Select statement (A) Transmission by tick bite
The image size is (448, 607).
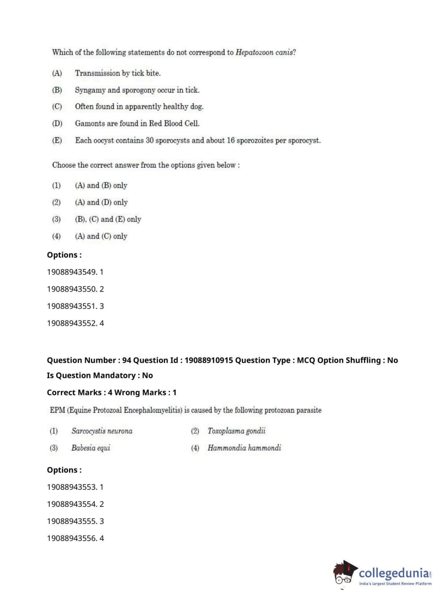click(x=117, y=73)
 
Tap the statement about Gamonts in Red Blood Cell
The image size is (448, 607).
click(x=137, y=123)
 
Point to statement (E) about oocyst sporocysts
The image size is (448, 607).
click(x=197, y=140)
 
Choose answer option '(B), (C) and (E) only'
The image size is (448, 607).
click(x=108, y=219)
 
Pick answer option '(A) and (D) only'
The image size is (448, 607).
click(x=101, y=202)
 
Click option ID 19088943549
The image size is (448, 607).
click(x=72, y=272)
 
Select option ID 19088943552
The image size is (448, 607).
click(x=72, y=323)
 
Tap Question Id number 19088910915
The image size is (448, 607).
click(x=209, y=360)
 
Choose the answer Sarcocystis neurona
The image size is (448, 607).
click(x=102, y=431)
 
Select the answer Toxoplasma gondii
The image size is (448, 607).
click(x=236, y=431)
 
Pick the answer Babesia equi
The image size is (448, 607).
click(x=90, y=448)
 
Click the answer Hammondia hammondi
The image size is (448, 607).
click(x=244, y=448)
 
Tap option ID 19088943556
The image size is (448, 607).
click(x=72, y=539)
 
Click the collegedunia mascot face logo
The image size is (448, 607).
click(x=344, y=573)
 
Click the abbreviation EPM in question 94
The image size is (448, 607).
click(x=57, y=410)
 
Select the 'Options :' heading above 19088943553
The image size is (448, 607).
click(x=64, y=470)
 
